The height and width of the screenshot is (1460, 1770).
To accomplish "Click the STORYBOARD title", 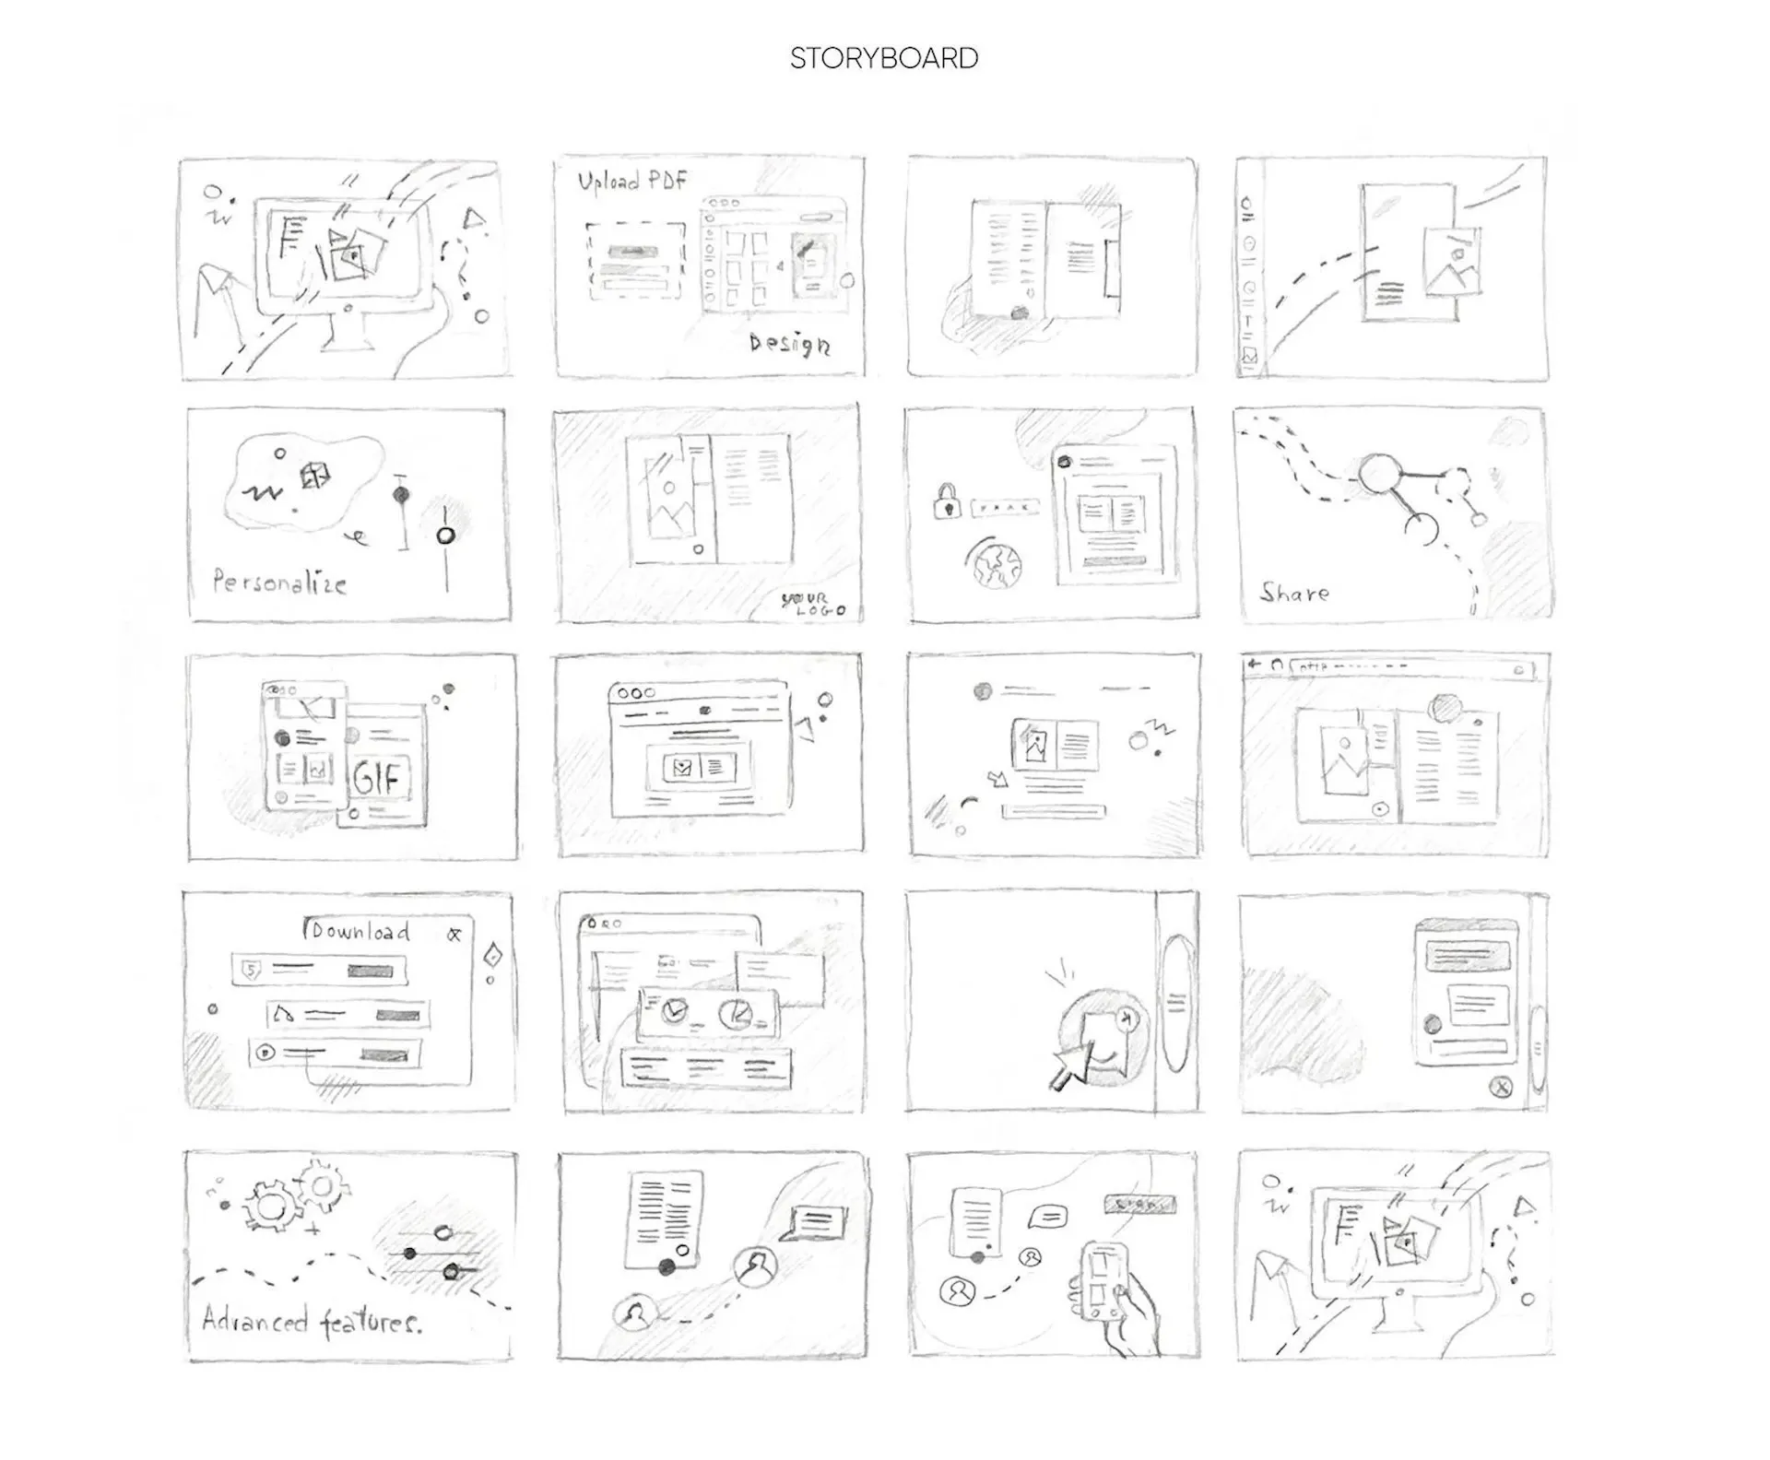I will tap(883, 58).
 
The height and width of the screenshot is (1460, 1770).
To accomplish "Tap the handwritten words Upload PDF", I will tap(632, 180).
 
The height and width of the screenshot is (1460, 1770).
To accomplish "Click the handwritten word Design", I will tap(789, 344).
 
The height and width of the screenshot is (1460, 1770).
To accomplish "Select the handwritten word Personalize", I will tap(279, 583).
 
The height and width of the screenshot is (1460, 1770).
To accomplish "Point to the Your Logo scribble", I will tap(811, 604).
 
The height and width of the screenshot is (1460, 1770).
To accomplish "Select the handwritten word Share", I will tap(1294, 594).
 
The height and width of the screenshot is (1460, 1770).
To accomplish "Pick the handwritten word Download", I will tap(358, 931).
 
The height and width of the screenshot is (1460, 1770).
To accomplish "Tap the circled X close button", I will tap(1502, 1088).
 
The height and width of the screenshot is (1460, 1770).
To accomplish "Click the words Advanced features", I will tap(312, 1322).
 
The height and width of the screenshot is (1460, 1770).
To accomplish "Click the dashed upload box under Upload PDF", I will tap(636, 259).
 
